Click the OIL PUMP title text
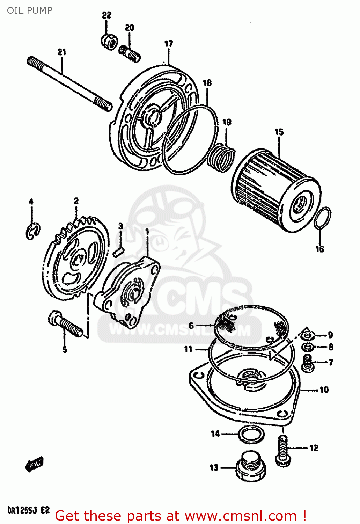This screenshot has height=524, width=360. click(30, 10)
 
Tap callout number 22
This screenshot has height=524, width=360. click(106, 15)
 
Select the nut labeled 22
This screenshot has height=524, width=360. click(109, 42)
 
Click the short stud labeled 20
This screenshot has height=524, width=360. click(130, 54)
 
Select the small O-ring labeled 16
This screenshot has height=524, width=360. click(323, 219)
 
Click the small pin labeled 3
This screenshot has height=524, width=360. click(119, 252)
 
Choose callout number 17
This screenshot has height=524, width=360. click(169, 44)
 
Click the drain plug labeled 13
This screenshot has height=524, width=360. click(250, 467)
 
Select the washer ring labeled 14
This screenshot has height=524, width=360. click(251, 434)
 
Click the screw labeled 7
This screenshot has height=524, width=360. click(308, 362)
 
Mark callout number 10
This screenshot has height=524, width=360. click(324, 390)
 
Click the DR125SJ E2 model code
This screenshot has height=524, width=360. click(29, 510)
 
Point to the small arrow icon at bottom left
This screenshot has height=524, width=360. click(34, 465)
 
